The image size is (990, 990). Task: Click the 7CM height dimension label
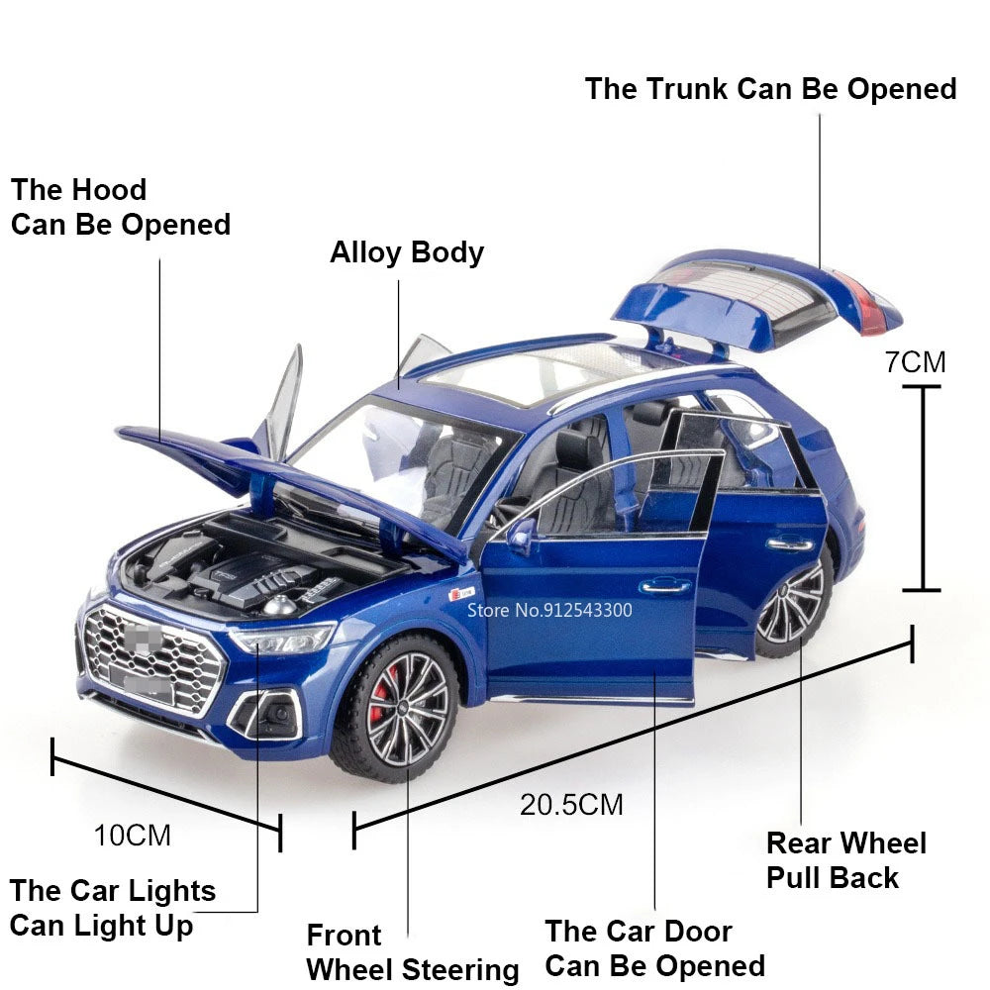(915, 362)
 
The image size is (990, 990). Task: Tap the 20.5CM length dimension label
(571, 804)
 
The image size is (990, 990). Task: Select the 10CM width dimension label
(133, 836)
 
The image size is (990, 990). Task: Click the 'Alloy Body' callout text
(406, 252)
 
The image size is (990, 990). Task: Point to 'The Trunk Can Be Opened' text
(770, 89)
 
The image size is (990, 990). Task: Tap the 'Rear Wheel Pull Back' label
(846, 860)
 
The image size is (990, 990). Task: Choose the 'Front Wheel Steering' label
(412, 952)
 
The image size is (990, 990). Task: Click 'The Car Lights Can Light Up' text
(113, 907)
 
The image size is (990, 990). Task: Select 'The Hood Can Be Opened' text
(120, 207)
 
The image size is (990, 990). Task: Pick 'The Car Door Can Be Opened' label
(654, 947)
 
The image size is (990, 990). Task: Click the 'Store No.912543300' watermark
(549, 610)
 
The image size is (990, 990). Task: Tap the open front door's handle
(664, 586)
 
